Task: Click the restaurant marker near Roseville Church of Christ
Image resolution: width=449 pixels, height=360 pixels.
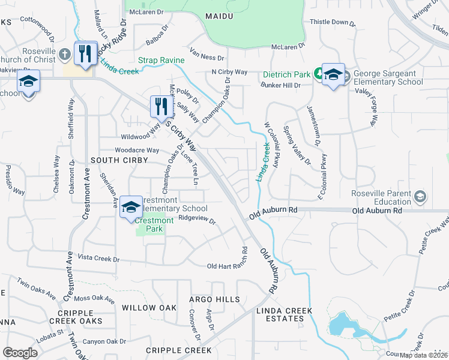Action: pyautogui.click(x=85, y=53)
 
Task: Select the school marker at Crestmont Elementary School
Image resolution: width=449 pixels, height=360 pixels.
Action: pyautogui.click(x=131, y=208)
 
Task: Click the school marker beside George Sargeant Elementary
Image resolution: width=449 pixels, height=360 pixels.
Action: pyautogui.click(x=333, y=74)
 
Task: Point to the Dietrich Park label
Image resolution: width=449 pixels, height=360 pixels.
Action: pyautogui.click(x=286, y=75)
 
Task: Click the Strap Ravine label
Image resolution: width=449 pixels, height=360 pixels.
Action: pyautogui.click(x=158, y=60)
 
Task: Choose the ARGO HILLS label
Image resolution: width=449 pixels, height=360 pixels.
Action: pyautogui.click(x=214, y=299)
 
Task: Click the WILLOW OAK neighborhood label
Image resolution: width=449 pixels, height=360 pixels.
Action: pyautogui.click(x=149, y=308)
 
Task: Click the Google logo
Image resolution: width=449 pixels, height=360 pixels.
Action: pyautogui.click(x=20, y=353)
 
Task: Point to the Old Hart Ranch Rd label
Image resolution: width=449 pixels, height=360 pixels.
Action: pyautogui.click(x=227, y=266)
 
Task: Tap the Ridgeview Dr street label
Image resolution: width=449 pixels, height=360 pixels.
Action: pyautogui.click(x=197, y=219)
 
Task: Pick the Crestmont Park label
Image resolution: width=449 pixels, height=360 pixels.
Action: pyautogui.click(x=154, y=224)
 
